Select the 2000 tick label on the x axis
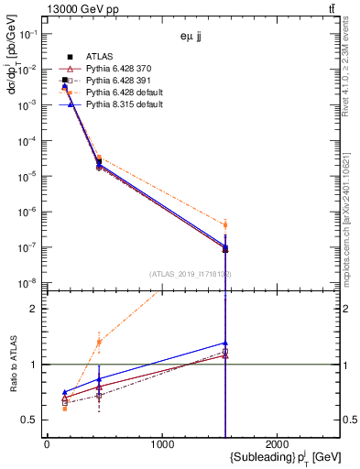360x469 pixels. [x=278, y=443]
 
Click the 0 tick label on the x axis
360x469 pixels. [x=47, y=443]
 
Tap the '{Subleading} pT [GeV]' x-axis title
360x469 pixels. [x=275, y=458]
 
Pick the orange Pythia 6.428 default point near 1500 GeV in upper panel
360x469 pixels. [x=224, y=224]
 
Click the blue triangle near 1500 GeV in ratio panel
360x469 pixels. [x=224, y=344]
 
